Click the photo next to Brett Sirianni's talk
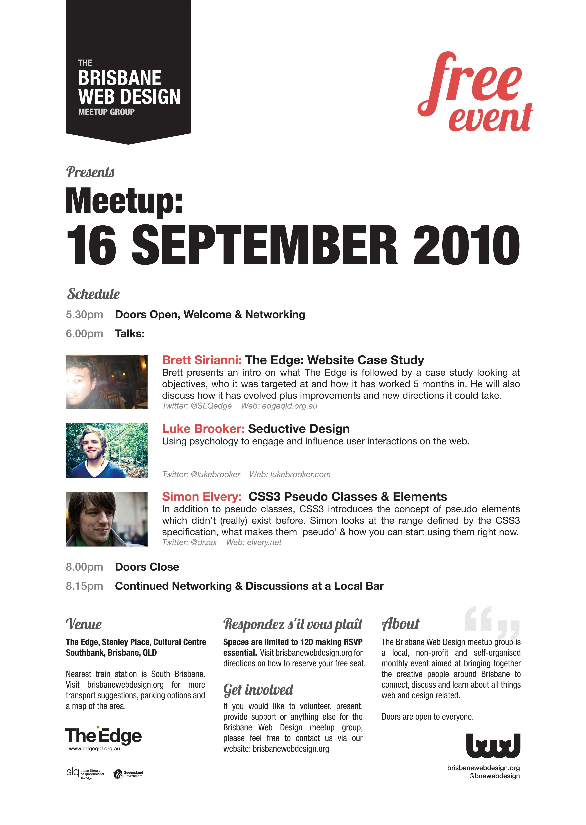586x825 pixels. pos(106,382)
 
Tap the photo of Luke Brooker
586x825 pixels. pos(106,450)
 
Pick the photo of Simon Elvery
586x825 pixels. pos(106,519)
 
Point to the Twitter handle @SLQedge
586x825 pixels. pos(211,406)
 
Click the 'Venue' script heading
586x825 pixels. pos(84,624)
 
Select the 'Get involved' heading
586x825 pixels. pos(258,690)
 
